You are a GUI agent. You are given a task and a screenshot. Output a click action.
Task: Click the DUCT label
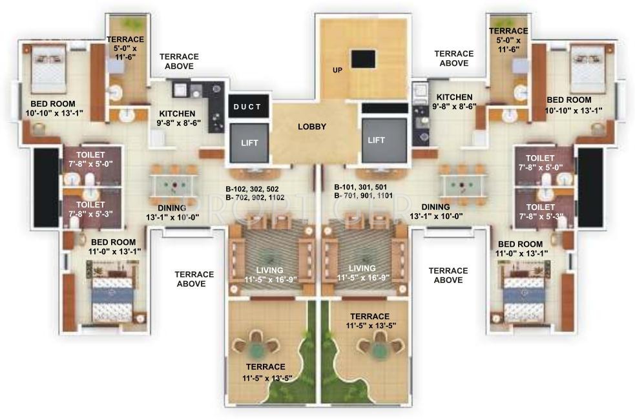pyautogui.click(x=247, y=107)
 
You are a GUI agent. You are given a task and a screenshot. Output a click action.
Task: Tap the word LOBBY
pyautogui.click(x=311, y=127)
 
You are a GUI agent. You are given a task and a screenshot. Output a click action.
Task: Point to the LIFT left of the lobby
pyautogui.click(x=247, y=141)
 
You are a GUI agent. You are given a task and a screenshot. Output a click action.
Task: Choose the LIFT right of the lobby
pyautogui.click(x=376, y=140)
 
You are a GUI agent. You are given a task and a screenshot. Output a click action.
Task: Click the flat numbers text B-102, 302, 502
pyautogui.click(x=253, y=189)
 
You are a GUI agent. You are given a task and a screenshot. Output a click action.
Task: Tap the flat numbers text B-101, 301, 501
pyautogui.click(x=360, y=189)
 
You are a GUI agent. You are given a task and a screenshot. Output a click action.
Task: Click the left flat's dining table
pyautogui.click(x=173, y=185)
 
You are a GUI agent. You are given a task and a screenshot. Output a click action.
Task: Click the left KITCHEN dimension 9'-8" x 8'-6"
pyautogui.click(x=178, y=121)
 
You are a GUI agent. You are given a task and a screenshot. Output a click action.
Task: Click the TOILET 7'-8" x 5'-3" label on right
pyautogui.click(x=540, y=212)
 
